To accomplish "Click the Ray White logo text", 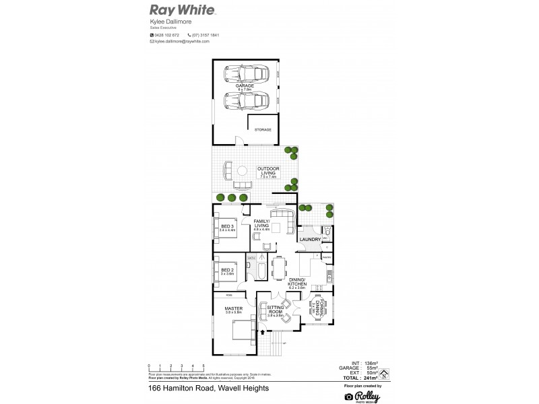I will point(182,10).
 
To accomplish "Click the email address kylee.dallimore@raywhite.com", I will point(181,41).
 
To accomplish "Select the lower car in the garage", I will point(247,102).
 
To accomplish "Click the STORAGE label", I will point(263,129).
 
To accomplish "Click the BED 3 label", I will point(228,226).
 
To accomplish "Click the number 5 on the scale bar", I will point(203,364).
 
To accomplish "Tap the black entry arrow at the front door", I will point(262,331).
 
